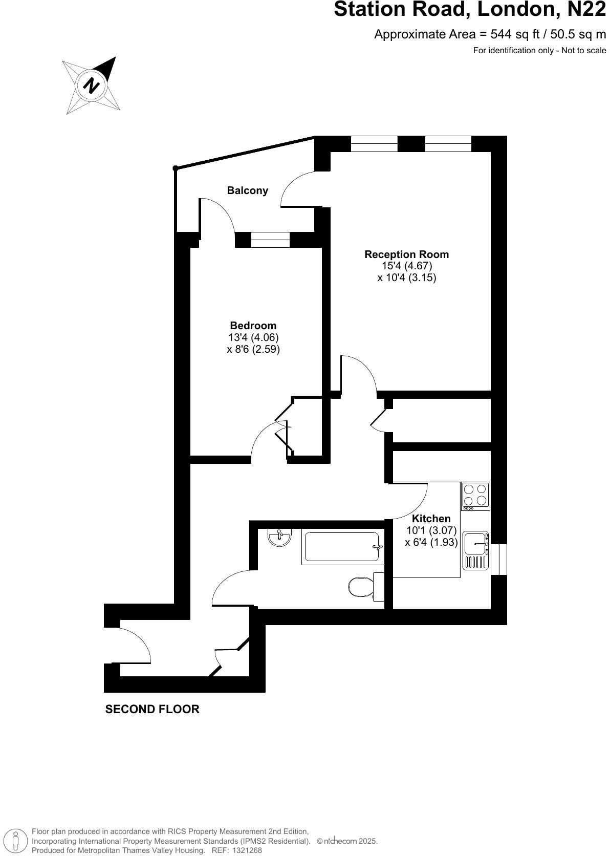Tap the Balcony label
pyautogui.click(x=248, y=190)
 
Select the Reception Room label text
pyautogui.click(x=406, y=254)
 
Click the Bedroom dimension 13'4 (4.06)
pyautogui.click(x=253, y=337)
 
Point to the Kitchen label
pyautogui.click(x=431, y=519)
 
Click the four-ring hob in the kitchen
pyautogui.click(x=475, y=496)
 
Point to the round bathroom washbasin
pyautogui.click(x=279, y=537)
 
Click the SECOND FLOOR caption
pyautogui.click(x=152, y=709)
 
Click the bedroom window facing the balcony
pyautogui.click(x=270, y=240)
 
